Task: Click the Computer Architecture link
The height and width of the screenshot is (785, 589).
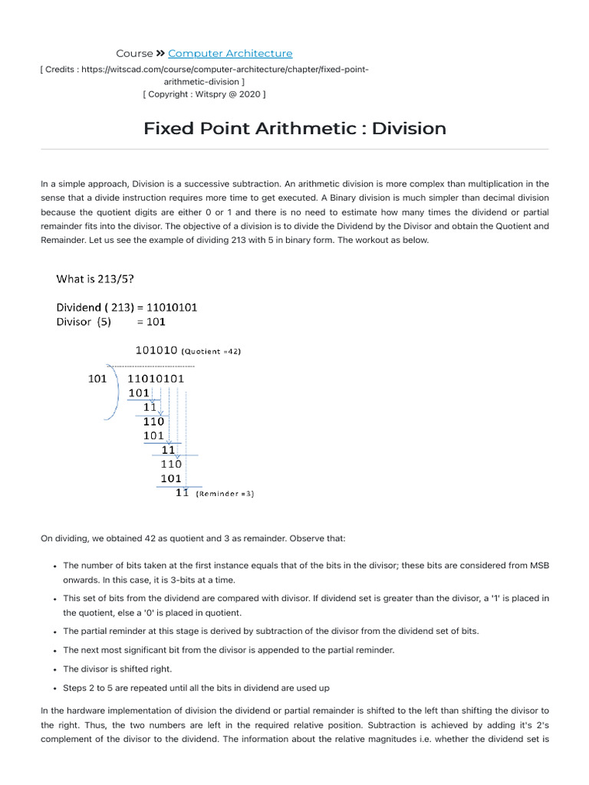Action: [x=230, y=54]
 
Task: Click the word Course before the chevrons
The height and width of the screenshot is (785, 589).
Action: [x=134, y=54]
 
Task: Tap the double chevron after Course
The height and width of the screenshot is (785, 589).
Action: [x=160, y=54]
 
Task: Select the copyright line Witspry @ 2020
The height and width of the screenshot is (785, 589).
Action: [x=204, y=94]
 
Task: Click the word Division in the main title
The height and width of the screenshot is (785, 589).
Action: [x=409, y=128]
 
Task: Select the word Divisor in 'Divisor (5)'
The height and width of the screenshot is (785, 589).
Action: [x=75, y=322]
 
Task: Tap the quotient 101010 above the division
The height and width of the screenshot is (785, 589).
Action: [x=156, y=350]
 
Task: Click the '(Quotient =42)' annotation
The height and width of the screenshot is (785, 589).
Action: [x=212, y=352]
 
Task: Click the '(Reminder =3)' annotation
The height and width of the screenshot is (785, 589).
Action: [x=225, y=494]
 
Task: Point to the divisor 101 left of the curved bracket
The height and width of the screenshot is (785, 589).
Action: [x=97, y=378]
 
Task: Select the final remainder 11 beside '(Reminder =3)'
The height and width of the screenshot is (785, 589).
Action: [x=182, y=493]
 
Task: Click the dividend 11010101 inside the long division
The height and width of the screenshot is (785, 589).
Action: [x=156, y=378]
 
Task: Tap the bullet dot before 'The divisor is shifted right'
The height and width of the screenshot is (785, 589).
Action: [x=55, y=669]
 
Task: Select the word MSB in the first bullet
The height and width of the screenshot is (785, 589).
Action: [x=539, y=565]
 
